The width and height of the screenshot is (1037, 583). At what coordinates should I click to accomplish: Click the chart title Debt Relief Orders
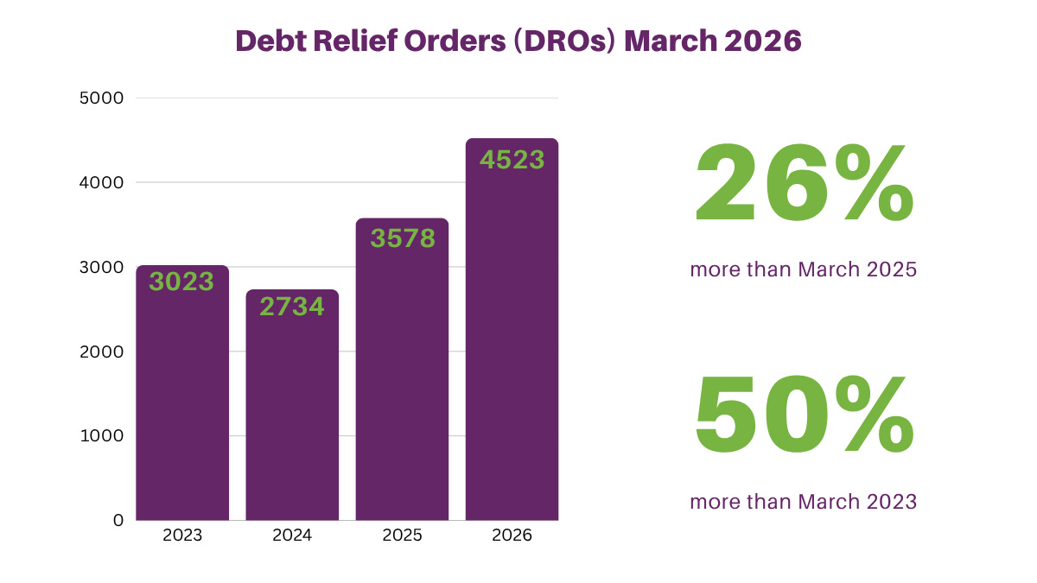tap(518, 41)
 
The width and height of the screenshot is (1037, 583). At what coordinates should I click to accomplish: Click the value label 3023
tap(181, 282)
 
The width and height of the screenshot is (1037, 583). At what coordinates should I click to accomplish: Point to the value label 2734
tap(292, 306)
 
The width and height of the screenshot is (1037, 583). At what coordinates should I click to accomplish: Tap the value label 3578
tap(403, 238)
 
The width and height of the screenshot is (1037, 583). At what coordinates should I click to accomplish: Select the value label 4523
tap(512, 160)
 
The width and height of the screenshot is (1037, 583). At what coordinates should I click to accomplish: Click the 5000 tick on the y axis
tap(101, 98)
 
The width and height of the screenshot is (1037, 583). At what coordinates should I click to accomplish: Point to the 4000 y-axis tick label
tap(101, 183)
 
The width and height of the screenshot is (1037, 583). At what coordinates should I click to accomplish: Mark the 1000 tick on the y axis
tap(102, 436)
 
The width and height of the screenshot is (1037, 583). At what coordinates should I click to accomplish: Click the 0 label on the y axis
tap(118, 521)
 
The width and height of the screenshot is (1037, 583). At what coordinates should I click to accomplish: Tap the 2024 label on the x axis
tap(292, 535)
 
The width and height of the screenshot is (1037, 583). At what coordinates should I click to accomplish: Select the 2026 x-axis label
tap(512, 535)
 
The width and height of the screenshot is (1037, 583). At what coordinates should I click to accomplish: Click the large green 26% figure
tap(804, 184)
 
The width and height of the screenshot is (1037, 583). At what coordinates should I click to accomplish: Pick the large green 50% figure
tap(804, 415)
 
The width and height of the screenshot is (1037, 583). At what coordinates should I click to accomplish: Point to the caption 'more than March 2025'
tap(803, 269)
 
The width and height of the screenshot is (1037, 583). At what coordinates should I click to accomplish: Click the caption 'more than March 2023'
tap(803, 501)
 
